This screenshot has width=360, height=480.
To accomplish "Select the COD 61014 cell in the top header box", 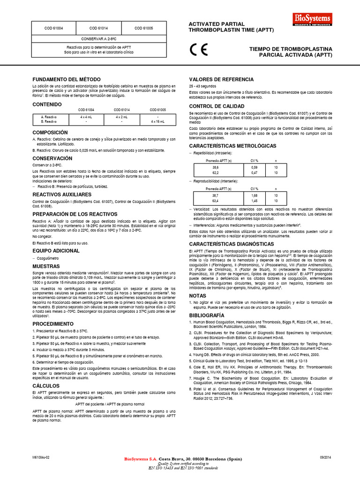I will click(99, 28).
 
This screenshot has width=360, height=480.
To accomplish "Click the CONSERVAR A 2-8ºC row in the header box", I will click(99, 39).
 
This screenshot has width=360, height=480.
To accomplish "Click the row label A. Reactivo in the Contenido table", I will click(49, 116).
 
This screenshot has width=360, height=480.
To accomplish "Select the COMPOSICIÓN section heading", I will click(50, 133).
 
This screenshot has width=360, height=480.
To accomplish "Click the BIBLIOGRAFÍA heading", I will click(208, 316).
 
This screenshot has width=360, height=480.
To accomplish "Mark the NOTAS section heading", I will click(197, 296).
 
